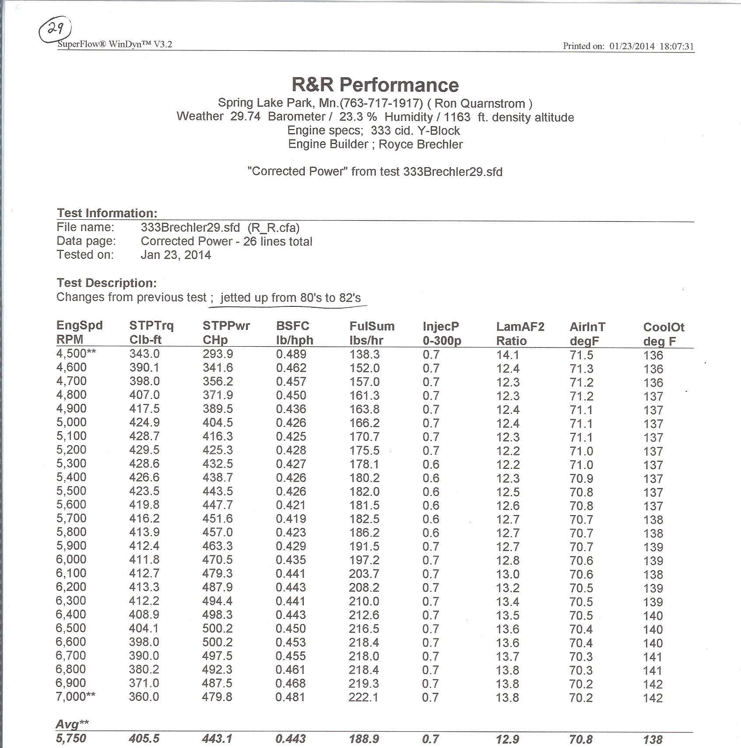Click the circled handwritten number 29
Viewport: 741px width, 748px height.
point(55,30)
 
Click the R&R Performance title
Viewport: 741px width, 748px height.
point(375,84)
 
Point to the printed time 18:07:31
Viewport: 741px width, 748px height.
point(676,46)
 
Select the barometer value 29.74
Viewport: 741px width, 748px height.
point(245,116)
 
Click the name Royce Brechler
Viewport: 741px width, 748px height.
point(420,144)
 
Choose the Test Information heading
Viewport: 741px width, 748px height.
point(107,213)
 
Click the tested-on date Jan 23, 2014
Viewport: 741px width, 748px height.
point(176,255)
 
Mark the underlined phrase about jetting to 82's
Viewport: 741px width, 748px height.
point(291,298)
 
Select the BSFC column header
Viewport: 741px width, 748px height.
point(292,326)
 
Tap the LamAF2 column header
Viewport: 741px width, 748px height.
point(520,327)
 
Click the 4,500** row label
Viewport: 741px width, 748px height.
point(76,354)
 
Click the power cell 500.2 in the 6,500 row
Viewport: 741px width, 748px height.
point(218,628)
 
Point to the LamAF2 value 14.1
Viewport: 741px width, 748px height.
point(508,355)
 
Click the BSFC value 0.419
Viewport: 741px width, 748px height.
point(291,519)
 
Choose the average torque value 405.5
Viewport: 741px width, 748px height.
point(144,738)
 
